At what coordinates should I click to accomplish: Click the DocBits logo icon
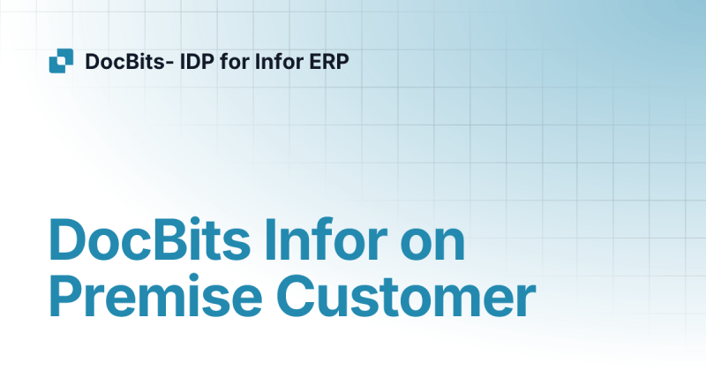coord(61,62)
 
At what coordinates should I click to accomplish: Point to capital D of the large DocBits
coord(68,238)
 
